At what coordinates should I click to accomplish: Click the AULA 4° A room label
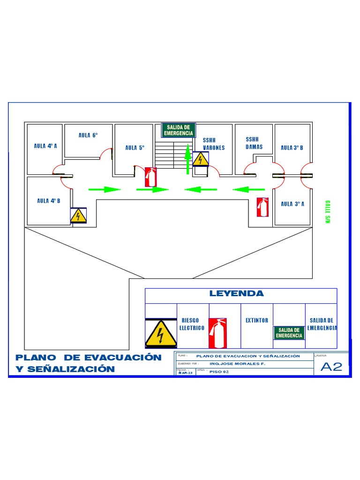(x=45, y=146)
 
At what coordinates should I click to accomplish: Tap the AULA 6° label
(x=88, y=135)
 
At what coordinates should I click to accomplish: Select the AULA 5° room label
(x=135, y=148)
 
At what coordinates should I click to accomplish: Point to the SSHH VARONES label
(x=213, y=144)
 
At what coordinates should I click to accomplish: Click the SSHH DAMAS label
(x=254, y=143)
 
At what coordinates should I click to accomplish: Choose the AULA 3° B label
(x=292, y=148)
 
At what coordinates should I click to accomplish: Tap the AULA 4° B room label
(x=49, y=201)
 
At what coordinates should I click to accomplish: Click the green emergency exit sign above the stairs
(x=178, y=130)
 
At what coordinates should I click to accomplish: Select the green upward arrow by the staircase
(x=187, y=159)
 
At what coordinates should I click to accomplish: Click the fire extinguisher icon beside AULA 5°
(x=151, y=177)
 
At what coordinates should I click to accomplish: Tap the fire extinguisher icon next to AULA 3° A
(x=262, y=207)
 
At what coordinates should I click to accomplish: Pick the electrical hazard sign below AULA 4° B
(x=78, y=216)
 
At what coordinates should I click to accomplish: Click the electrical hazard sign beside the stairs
(x=201, y=159)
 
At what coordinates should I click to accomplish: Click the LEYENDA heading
(x=236, y=294)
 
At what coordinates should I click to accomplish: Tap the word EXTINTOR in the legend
(x=257, y=321)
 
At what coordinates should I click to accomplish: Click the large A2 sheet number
(x=331, y=367)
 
